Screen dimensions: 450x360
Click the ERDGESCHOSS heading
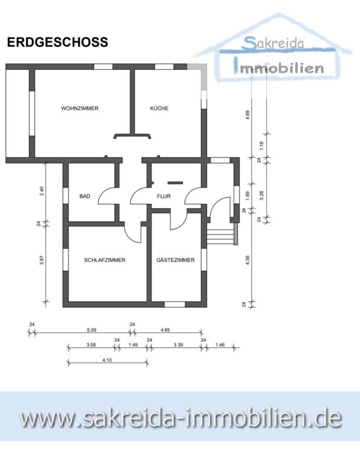point(57,42)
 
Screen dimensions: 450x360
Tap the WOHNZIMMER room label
point(80,109)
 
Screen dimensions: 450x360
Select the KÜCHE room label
point(159,109)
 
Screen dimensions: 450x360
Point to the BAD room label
point(85,196)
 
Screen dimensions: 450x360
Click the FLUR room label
point(164,196)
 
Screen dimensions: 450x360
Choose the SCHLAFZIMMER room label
point(105,260)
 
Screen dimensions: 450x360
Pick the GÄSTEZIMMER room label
point(176,260)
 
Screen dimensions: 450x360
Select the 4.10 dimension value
point(107,359)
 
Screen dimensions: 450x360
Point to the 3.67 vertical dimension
point(42,260)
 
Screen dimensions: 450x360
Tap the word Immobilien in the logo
point(280,68)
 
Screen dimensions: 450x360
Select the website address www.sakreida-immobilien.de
point(180,418)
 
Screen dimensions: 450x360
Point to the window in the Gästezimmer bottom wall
point(174,304)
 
